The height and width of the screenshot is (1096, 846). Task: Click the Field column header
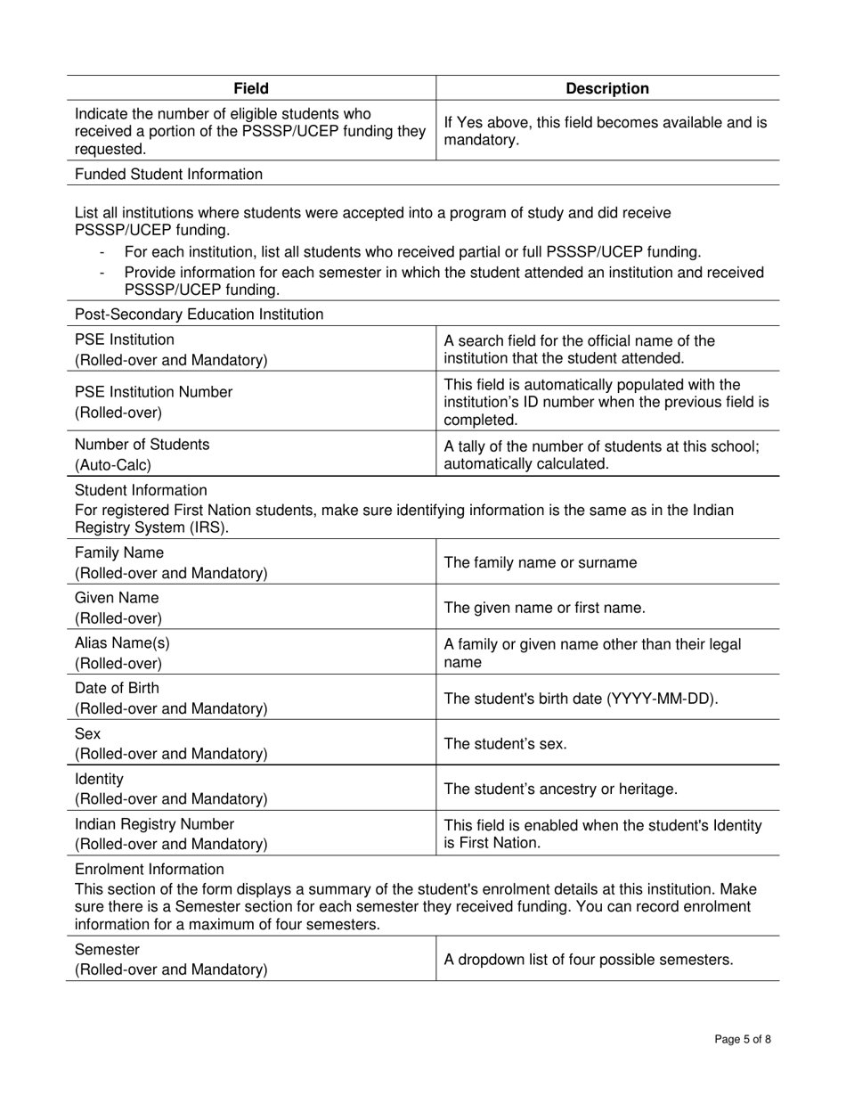(251, 88)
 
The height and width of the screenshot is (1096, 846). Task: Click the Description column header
(607, 88)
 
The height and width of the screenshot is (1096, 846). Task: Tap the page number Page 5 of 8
(743, 1039)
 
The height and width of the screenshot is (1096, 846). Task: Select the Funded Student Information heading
(168, 174)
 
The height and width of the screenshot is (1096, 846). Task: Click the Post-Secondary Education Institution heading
(199, 315)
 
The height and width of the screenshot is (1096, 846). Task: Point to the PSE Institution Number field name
(153, 392)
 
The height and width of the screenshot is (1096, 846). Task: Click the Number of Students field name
(142, 445)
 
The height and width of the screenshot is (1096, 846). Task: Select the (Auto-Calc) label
(112, 465)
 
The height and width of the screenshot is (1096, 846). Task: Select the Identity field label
(100, 779)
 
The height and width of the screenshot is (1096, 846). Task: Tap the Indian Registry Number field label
(154, 824)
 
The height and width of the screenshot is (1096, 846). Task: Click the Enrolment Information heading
(150, 869)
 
